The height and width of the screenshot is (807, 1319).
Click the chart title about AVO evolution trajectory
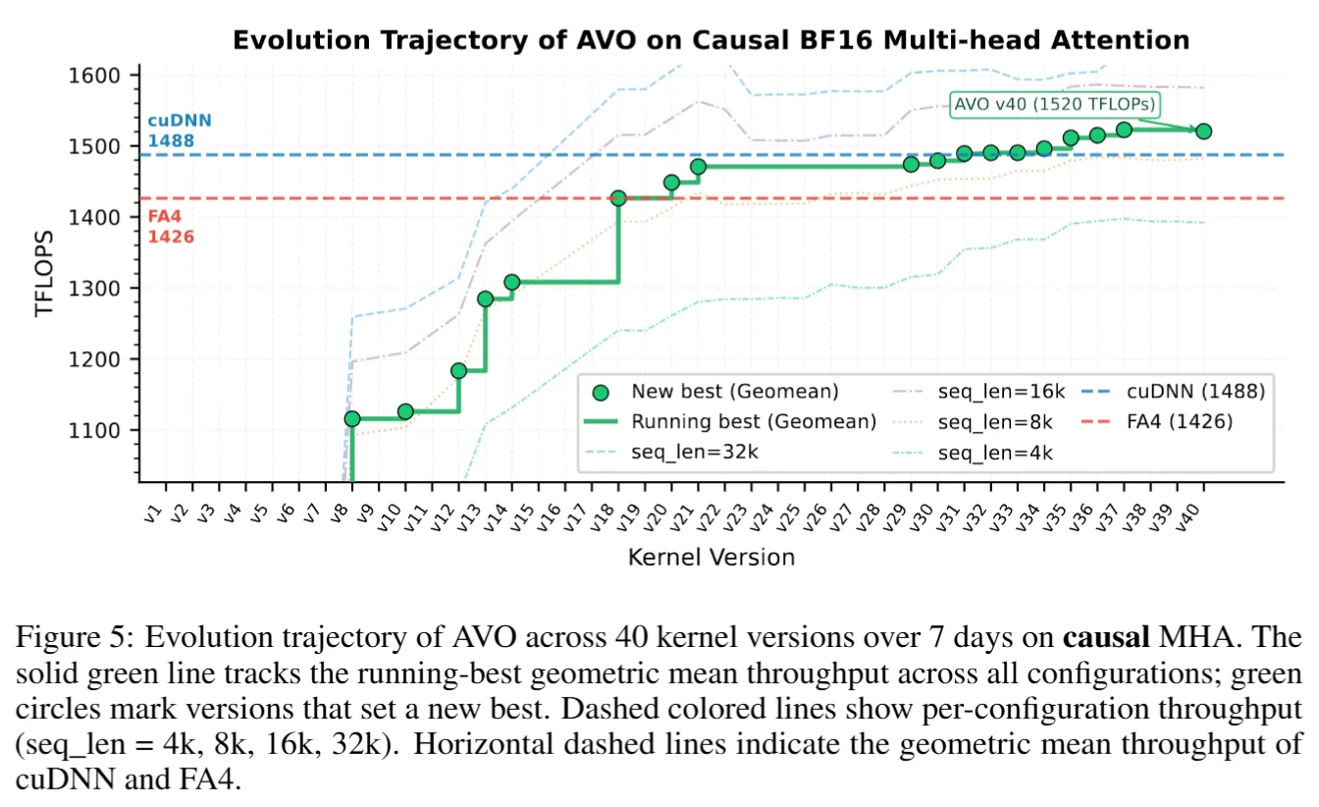711,40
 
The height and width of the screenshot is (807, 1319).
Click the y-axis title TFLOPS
44,273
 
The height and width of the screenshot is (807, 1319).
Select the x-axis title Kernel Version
712,557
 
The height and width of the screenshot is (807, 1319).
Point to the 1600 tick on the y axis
94,76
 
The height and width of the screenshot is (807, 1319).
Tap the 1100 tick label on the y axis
94,431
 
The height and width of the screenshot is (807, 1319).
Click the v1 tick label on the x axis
152,513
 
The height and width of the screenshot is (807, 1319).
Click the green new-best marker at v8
352,419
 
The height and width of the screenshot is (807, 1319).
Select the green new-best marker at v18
618,198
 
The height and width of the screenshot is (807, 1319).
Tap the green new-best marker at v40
1203,132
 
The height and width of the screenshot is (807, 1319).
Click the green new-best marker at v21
699,167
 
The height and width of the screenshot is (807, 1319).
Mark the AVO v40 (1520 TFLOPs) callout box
1055,105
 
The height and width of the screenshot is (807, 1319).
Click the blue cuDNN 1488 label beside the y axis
180,131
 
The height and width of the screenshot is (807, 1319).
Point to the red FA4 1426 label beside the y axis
171,226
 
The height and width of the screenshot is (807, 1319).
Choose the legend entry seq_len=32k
671,452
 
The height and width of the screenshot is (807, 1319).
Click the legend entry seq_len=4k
973,453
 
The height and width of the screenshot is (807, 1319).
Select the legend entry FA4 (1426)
1157,422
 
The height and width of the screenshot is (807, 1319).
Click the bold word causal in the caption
1106,637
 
